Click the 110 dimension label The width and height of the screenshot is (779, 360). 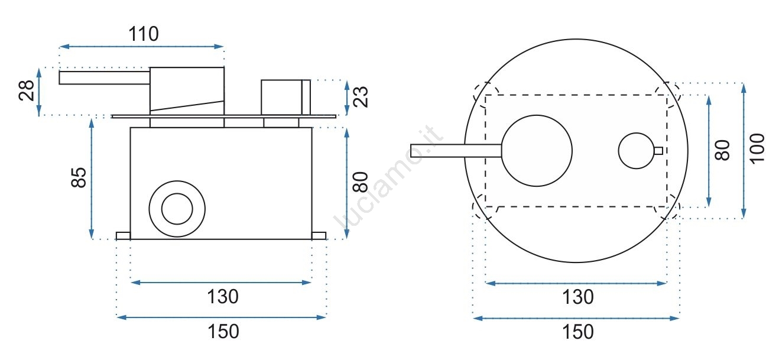(x=144, y=34)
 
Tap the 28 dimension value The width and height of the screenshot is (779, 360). (x=27, y=90)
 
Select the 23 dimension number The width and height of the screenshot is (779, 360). (x=361, y=97)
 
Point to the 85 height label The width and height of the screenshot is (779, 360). (x=79, y=178)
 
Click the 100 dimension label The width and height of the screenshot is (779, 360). (x=757, y=148)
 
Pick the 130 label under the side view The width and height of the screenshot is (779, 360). (x=223, y=297)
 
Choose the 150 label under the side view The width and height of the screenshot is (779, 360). (x=223, y=331)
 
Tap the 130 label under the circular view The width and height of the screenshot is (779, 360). (x=578, y=297)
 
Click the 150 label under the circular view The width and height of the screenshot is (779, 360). (x=578, y=332)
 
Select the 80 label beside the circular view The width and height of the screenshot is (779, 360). (x=722, y=150)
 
